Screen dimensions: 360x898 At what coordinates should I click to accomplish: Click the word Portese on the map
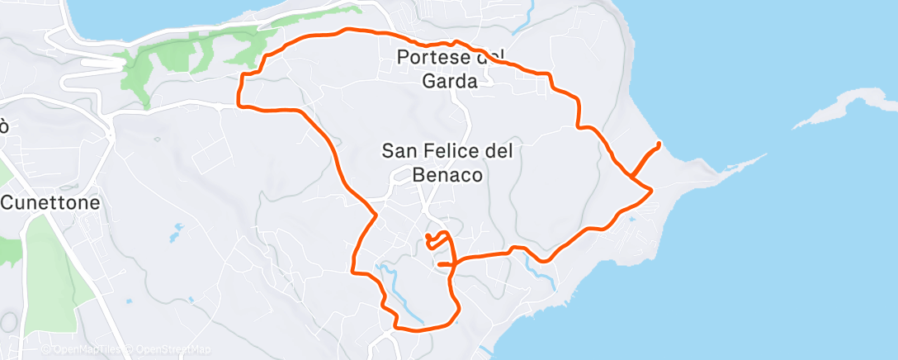tap(427, 58)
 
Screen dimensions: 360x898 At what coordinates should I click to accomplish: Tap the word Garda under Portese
tap(450, 81)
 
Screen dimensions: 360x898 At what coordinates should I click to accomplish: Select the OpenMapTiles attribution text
tap(90, 350)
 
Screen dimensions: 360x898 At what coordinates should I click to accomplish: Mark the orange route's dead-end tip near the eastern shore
tap(659, 144)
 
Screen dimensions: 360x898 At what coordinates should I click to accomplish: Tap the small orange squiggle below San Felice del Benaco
tap(437, 240)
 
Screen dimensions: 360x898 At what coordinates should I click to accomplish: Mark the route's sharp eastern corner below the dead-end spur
tap(652, 190)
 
